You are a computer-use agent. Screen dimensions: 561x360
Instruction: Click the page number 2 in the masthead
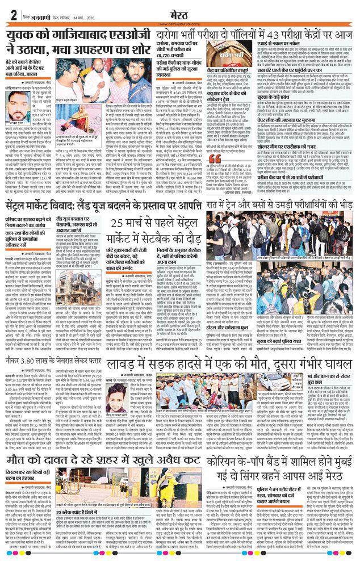(12, 13)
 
